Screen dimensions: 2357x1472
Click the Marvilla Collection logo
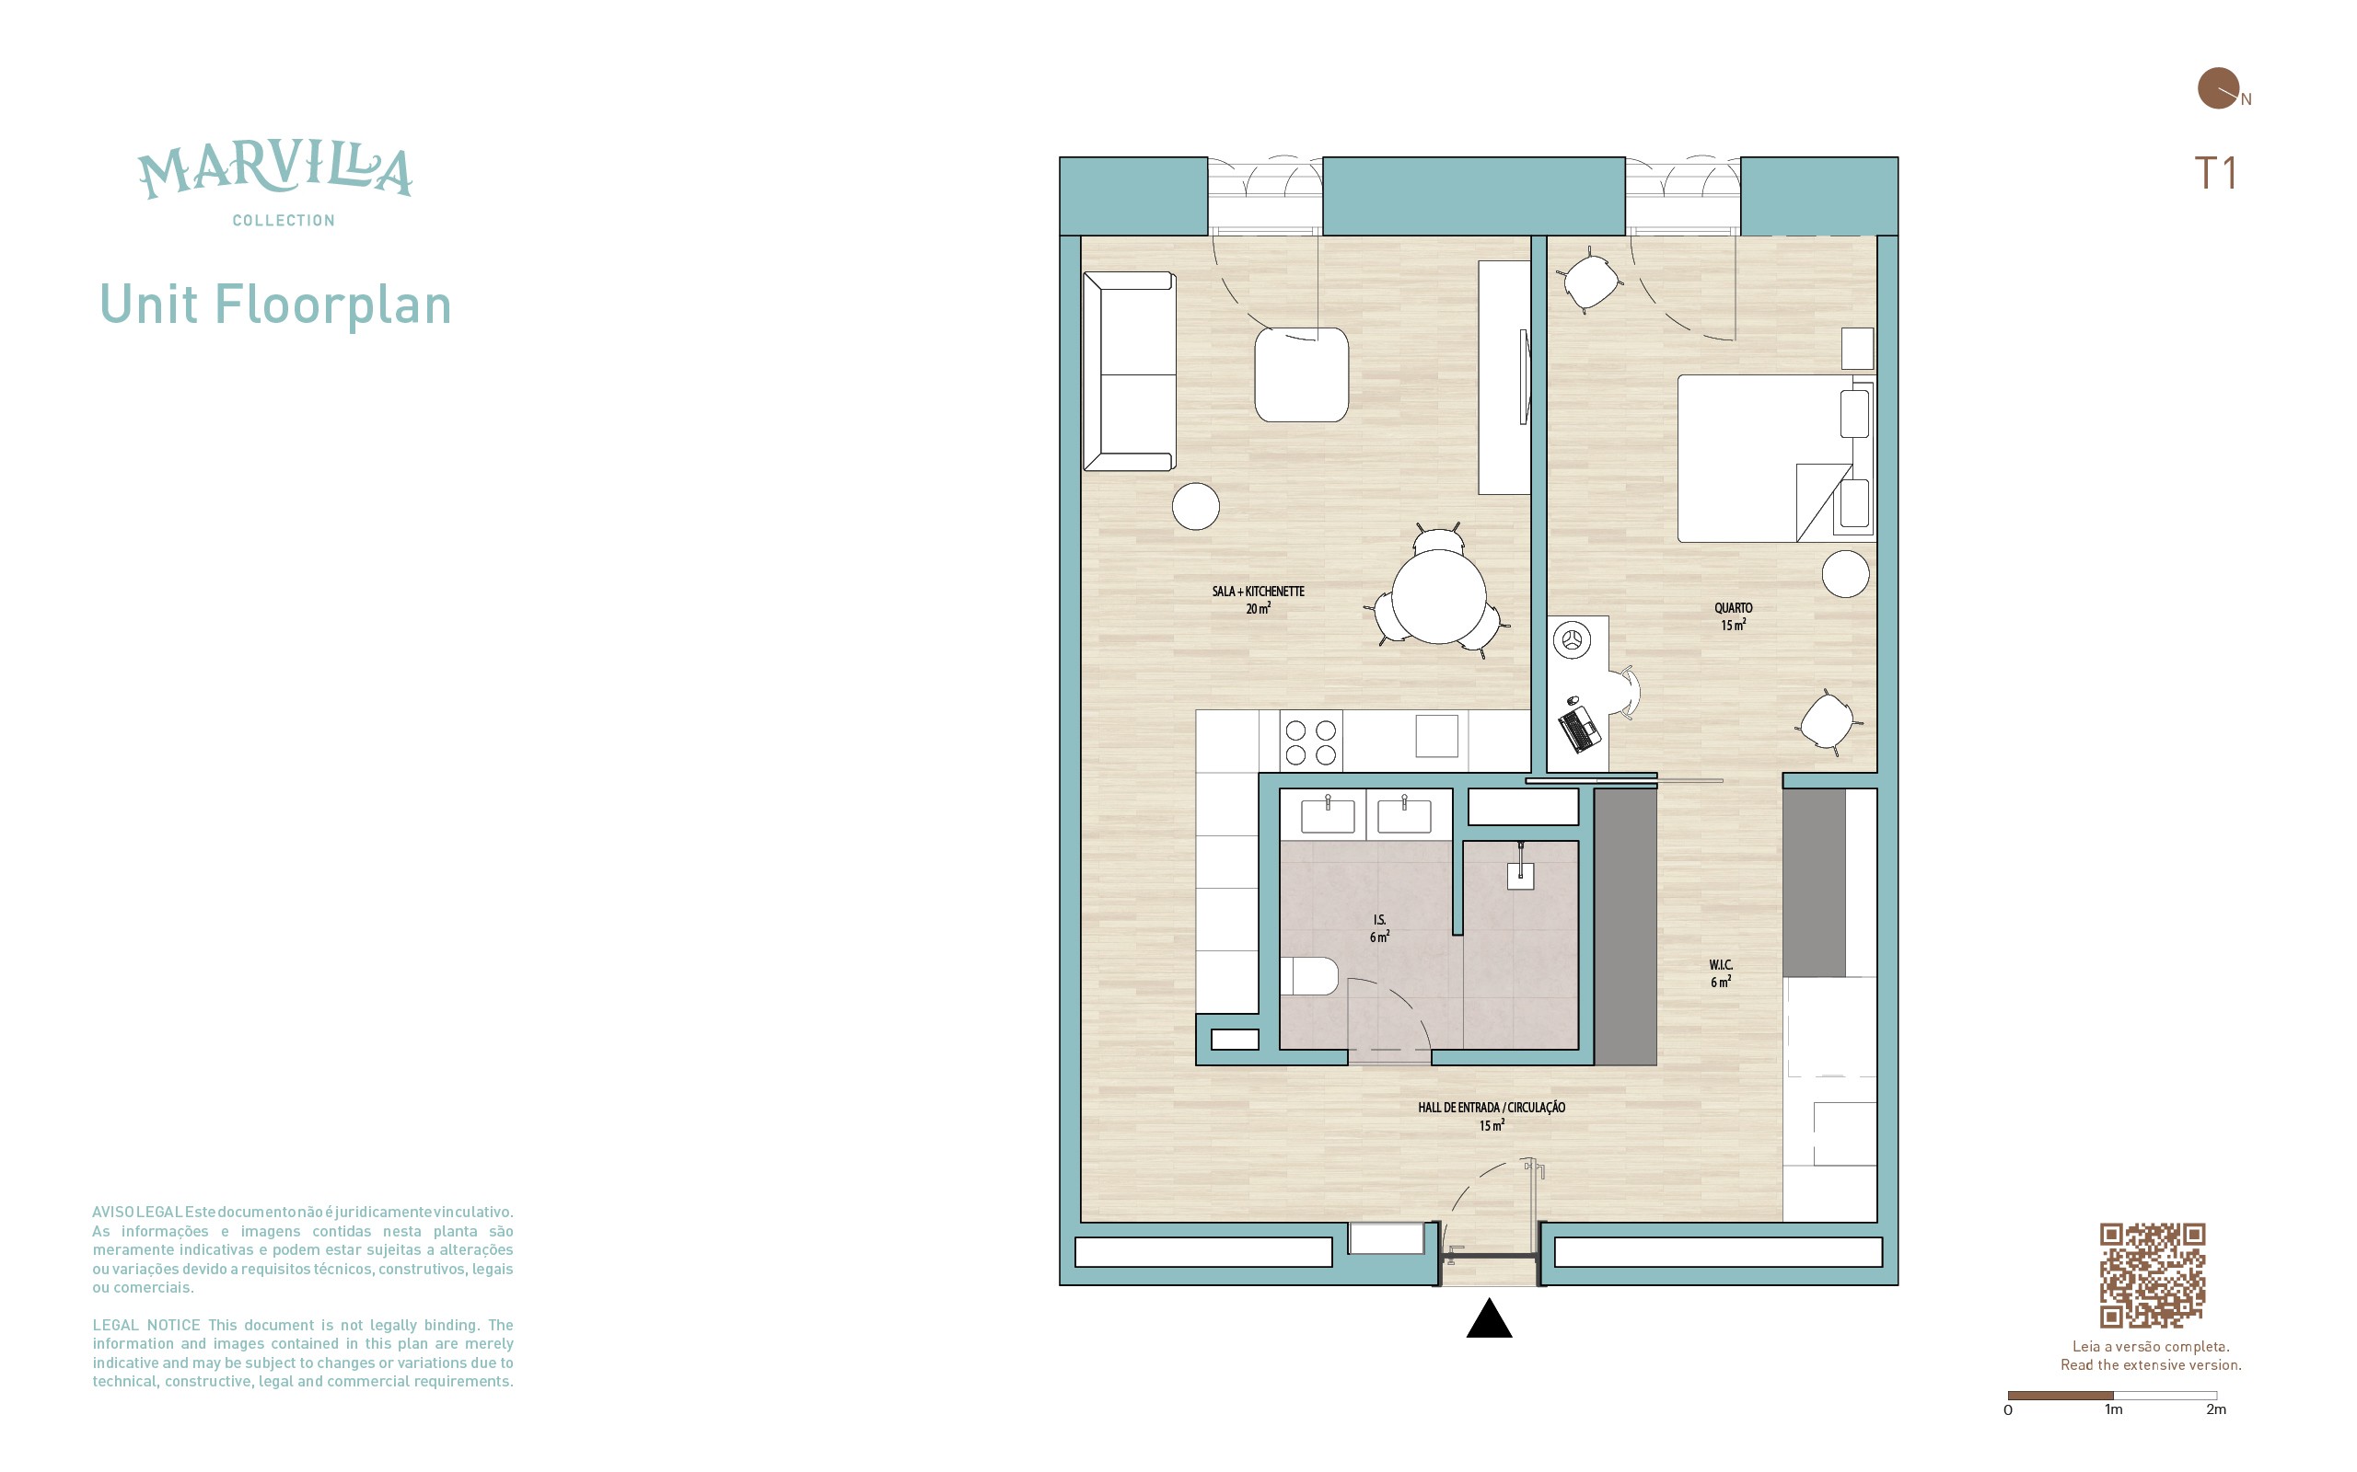(275, 184)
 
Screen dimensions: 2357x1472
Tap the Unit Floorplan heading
(275, 305)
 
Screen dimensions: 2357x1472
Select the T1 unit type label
(2215, 173)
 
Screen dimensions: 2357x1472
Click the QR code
(2152, 1275)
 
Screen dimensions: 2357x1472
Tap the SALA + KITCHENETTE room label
(1258, 600)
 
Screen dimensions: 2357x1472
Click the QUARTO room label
(1733, 616)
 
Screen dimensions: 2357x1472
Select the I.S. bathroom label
(1379, 927)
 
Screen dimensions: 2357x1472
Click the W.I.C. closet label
(1720, 973)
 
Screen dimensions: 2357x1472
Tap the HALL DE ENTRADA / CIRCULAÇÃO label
(1492, 1116)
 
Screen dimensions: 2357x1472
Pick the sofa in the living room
(1129, 372)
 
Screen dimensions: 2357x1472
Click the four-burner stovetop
(1311, 742)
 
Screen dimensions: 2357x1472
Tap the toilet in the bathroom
(1308, 976)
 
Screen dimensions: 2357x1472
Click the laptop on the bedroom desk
(1579, 730)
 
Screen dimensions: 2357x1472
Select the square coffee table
(1301, 374)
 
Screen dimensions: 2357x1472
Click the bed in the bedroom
(1774, 457)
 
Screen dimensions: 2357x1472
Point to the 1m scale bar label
(2112, 1409)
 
